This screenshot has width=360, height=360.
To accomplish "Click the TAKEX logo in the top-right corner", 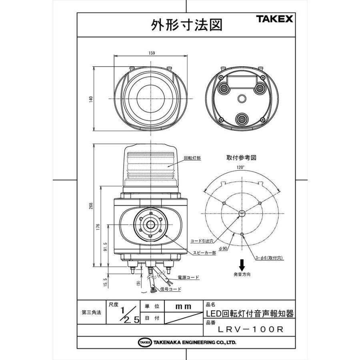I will pos(274,19).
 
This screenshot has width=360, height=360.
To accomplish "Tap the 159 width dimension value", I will pos(152,53).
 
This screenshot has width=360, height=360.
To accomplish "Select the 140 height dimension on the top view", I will pos(91,98).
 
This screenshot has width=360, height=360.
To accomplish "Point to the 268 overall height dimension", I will pos(91,206).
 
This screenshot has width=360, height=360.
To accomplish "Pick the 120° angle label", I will pos(241,168).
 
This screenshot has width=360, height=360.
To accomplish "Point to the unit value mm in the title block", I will pos(184,306).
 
